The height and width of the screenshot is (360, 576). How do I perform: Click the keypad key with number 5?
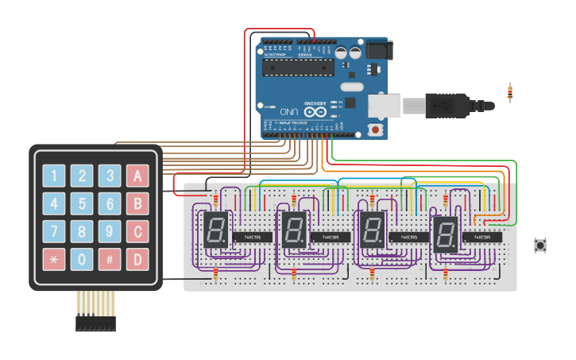click(x=82, y=204)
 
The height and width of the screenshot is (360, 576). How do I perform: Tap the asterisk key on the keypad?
click(x=54, y=259)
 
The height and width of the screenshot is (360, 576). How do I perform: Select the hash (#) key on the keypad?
click(x=110, y=259)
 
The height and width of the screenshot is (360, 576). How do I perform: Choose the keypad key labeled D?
click(x=137, y=259)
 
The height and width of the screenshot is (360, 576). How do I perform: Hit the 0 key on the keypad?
click(x=82, y=259)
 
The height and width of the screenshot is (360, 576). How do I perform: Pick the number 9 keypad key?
click(x=110, y=232)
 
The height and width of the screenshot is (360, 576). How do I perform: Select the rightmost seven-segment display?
click(x=446, y=234)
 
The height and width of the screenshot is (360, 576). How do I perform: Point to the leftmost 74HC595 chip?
click(x=253, y=237)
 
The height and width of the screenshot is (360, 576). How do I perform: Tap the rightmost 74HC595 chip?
click(x=487, y=237)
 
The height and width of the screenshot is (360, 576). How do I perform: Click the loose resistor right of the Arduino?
click(x=509, y=93)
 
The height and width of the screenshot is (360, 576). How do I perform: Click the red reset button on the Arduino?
click(x=376, y=128)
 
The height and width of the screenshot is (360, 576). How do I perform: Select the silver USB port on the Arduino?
click(x=385, y=105)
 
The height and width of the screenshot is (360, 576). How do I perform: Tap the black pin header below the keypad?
click(x=95, y=323)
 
